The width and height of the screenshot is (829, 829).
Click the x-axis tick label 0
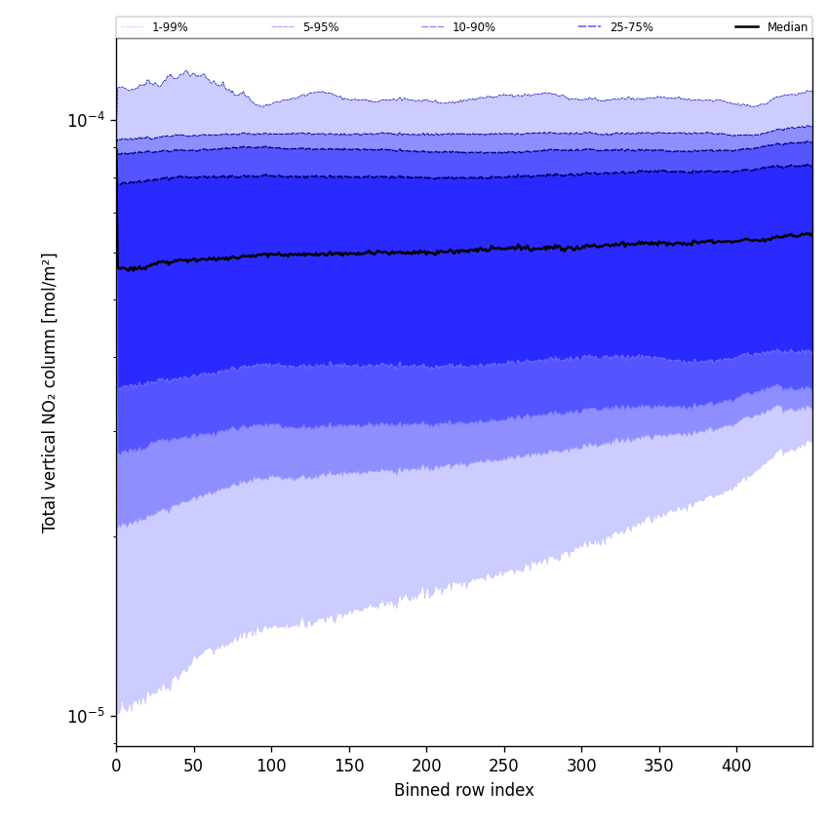(116, 767)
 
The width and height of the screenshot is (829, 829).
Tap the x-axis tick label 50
(193, 767)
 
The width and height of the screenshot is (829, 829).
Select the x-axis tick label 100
(271, 767)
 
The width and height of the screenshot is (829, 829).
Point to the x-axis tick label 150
(348, 767)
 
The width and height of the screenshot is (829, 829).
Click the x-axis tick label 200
(426, 767)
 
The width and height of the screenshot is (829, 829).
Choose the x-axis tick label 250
(503, 767)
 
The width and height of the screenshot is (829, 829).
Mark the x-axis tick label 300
(581, 767)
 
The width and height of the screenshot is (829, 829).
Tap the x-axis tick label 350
(658, 767)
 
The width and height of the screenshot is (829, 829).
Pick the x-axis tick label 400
(736, 767)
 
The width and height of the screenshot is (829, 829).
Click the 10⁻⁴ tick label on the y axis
(86, 120)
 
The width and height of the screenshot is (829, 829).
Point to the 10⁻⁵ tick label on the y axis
(86, 716)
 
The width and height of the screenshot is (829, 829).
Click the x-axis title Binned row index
(464, 790)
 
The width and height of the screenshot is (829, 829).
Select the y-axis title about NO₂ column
(50, 392)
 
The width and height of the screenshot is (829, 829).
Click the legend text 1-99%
(170, 27)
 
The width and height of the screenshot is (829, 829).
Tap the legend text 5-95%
(321, 27)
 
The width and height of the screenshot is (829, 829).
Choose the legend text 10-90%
(473, 27)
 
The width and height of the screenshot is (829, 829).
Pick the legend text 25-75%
(631, 27)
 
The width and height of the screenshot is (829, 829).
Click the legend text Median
(787, 27)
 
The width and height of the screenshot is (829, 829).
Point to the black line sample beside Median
(747, 27)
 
